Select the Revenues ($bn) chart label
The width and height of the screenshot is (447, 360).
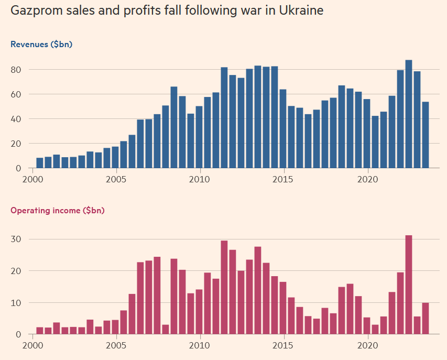pyautogui.click(x=41, y=45)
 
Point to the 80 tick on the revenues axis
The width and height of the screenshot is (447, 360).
pyautogui.click(x=16, y=70)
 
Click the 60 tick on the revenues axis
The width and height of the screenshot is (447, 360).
pyautogui.click(x=16, y=94)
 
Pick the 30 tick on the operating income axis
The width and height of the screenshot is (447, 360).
pyautogui.click(x=16, y=239)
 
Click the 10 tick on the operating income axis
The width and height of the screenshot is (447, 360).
pyautogui.click(x=16, y=303)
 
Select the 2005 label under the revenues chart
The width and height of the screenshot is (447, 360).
pyautogui.click(x=116, y=179)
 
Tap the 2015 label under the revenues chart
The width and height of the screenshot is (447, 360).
pyautogui.click(x=284, y=179)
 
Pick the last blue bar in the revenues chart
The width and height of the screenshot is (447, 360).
pyautogui.click(x=426, y=135)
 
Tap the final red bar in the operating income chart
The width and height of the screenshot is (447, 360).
pyautogui.click(x=426, y=319)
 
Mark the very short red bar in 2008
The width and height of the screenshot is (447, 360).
pyautogui.click(x=166, y=330)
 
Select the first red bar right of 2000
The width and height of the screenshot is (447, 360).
pyautogui.click(x=40, y=331)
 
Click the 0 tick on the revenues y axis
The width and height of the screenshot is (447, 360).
pyautogui.click(x=18, y=168)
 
